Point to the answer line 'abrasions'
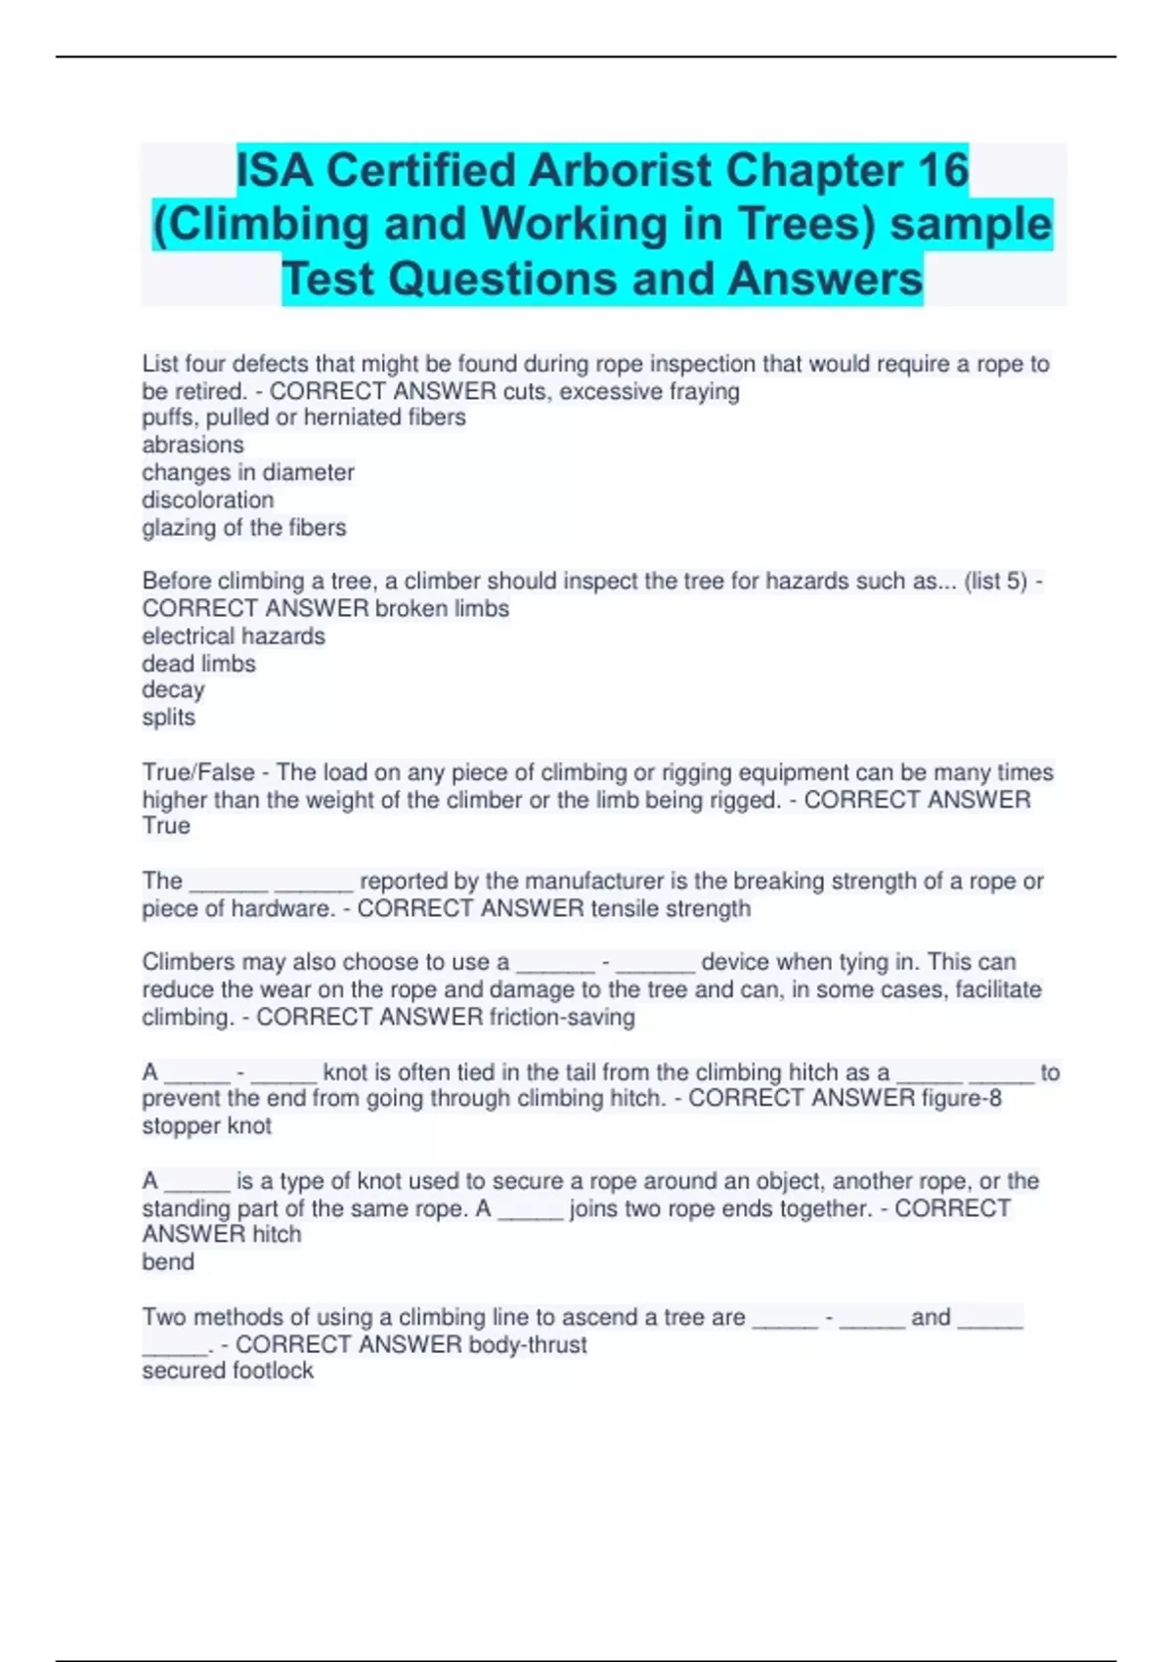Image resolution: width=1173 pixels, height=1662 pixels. pyautogui.click(x=193, y=445)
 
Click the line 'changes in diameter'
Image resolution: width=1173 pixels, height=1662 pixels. pyautogui.click(x=247, y=472)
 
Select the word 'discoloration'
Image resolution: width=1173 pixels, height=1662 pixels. pyautogui.click(x=207, y=500)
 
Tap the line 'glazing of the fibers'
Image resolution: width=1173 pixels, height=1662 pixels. pyautogui.click(x=243, y=528)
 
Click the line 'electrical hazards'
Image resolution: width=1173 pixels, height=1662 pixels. pyautogui.click(x=233, y=636)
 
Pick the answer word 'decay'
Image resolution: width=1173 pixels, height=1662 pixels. pyautogui.click(x=173, y=690)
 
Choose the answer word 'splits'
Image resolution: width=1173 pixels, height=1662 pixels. pyautogui.click(x=168, y=718)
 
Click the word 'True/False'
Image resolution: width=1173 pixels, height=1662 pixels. pyautogui.click(x=198, y=772)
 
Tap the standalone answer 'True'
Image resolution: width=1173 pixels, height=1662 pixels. pyautogui.click(x=166, y=826)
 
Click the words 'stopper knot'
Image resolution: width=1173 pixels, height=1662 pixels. pyautogui.click(x=206, y=1126)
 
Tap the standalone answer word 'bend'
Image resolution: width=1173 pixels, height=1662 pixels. pyautogui.click(x=167, y=1262)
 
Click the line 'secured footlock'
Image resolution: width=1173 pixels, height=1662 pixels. pyautogui.click(x=227, y=1371)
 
